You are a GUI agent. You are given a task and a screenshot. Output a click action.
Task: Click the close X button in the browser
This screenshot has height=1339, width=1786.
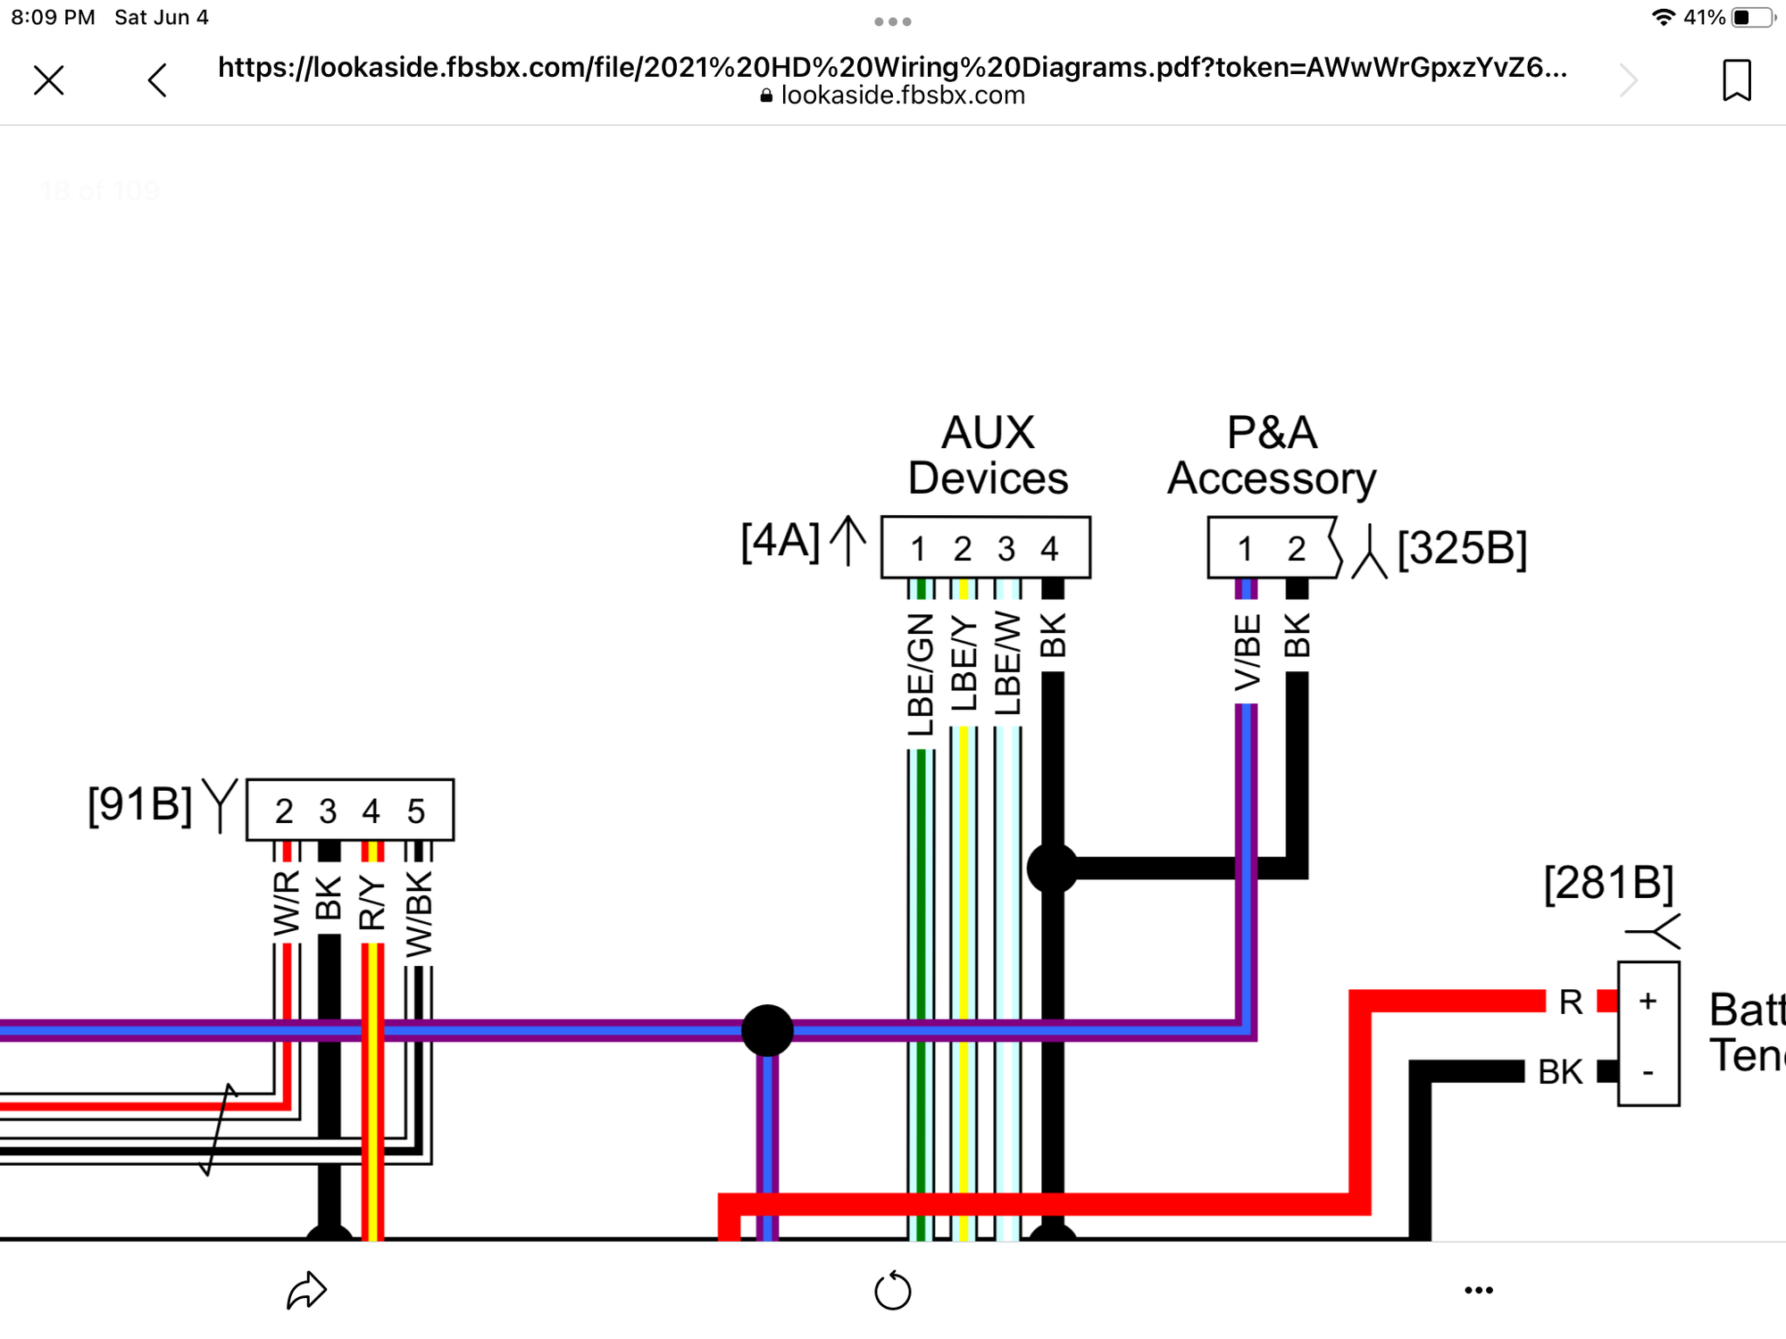49,80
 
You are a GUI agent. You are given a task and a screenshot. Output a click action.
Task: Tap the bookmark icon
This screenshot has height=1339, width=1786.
1736,80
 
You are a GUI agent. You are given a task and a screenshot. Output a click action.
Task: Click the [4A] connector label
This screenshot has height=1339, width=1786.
780,541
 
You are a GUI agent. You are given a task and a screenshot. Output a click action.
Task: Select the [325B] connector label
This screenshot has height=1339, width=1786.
1462,547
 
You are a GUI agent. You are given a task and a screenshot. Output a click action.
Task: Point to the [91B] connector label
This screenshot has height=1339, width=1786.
139,804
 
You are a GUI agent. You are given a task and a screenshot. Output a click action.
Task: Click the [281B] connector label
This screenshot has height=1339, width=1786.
1608,883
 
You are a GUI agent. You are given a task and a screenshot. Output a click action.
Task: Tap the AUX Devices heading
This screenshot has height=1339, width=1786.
988,455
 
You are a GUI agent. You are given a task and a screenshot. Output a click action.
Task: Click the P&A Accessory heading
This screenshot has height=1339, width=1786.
1272,455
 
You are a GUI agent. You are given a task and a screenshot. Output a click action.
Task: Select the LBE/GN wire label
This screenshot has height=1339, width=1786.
920,674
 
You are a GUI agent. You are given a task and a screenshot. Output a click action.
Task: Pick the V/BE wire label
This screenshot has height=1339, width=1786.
1247,652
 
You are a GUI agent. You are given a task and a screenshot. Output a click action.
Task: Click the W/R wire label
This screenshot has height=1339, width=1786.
286,903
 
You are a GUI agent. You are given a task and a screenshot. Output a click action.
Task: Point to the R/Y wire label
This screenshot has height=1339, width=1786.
371,903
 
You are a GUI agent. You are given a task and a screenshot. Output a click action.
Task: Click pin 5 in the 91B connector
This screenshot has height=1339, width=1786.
415,811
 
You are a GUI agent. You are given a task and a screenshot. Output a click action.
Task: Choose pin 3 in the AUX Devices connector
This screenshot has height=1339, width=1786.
1006,549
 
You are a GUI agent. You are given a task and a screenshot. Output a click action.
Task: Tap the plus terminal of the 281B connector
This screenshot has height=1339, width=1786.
1648,1001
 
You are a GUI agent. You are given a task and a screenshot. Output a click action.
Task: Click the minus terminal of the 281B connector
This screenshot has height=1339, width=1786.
1648,1071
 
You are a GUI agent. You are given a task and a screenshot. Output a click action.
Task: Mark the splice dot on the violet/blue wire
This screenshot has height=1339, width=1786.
767,1030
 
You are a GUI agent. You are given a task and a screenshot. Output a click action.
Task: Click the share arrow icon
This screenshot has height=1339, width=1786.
306,1290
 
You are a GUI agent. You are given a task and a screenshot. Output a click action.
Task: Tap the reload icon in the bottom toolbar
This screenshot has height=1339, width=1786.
892,1291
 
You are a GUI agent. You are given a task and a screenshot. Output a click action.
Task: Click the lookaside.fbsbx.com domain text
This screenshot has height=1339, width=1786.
902,96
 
